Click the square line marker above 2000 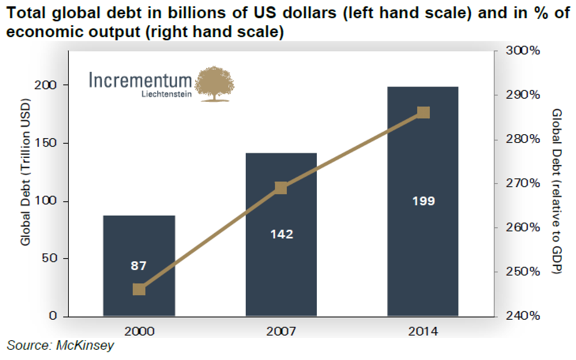point(139,289)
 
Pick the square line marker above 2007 point(280,188)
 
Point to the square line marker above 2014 point(423,112)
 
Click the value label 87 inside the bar point(139,266)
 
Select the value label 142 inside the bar point(282,234)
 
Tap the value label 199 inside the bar point(424,201)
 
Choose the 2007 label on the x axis point(281,331)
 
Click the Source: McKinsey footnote point(60,345)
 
